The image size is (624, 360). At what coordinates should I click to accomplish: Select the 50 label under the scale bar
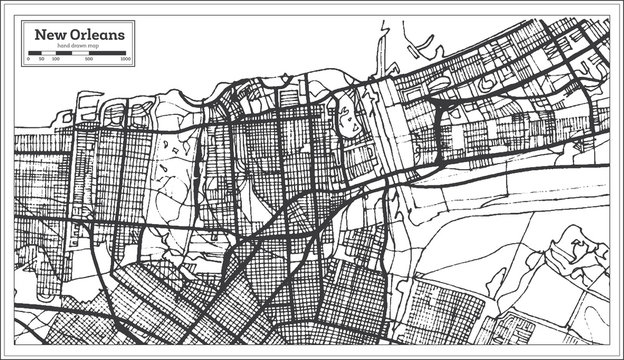click(40, 62)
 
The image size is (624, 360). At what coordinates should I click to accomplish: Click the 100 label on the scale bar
click(55, 62)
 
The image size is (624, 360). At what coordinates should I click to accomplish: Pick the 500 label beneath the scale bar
click(90, 62)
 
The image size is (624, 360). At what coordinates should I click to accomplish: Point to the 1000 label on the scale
click(125, 62)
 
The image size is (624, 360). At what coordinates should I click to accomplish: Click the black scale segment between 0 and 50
click(34, 57)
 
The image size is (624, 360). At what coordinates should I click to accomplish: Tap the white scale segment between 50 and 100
click(47, 57)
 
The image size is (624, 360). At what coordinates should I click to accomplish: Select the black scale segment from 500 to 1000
click(108, 57)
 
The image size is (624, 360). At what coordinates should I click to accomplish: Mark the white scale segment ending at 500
click(73, 57)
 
